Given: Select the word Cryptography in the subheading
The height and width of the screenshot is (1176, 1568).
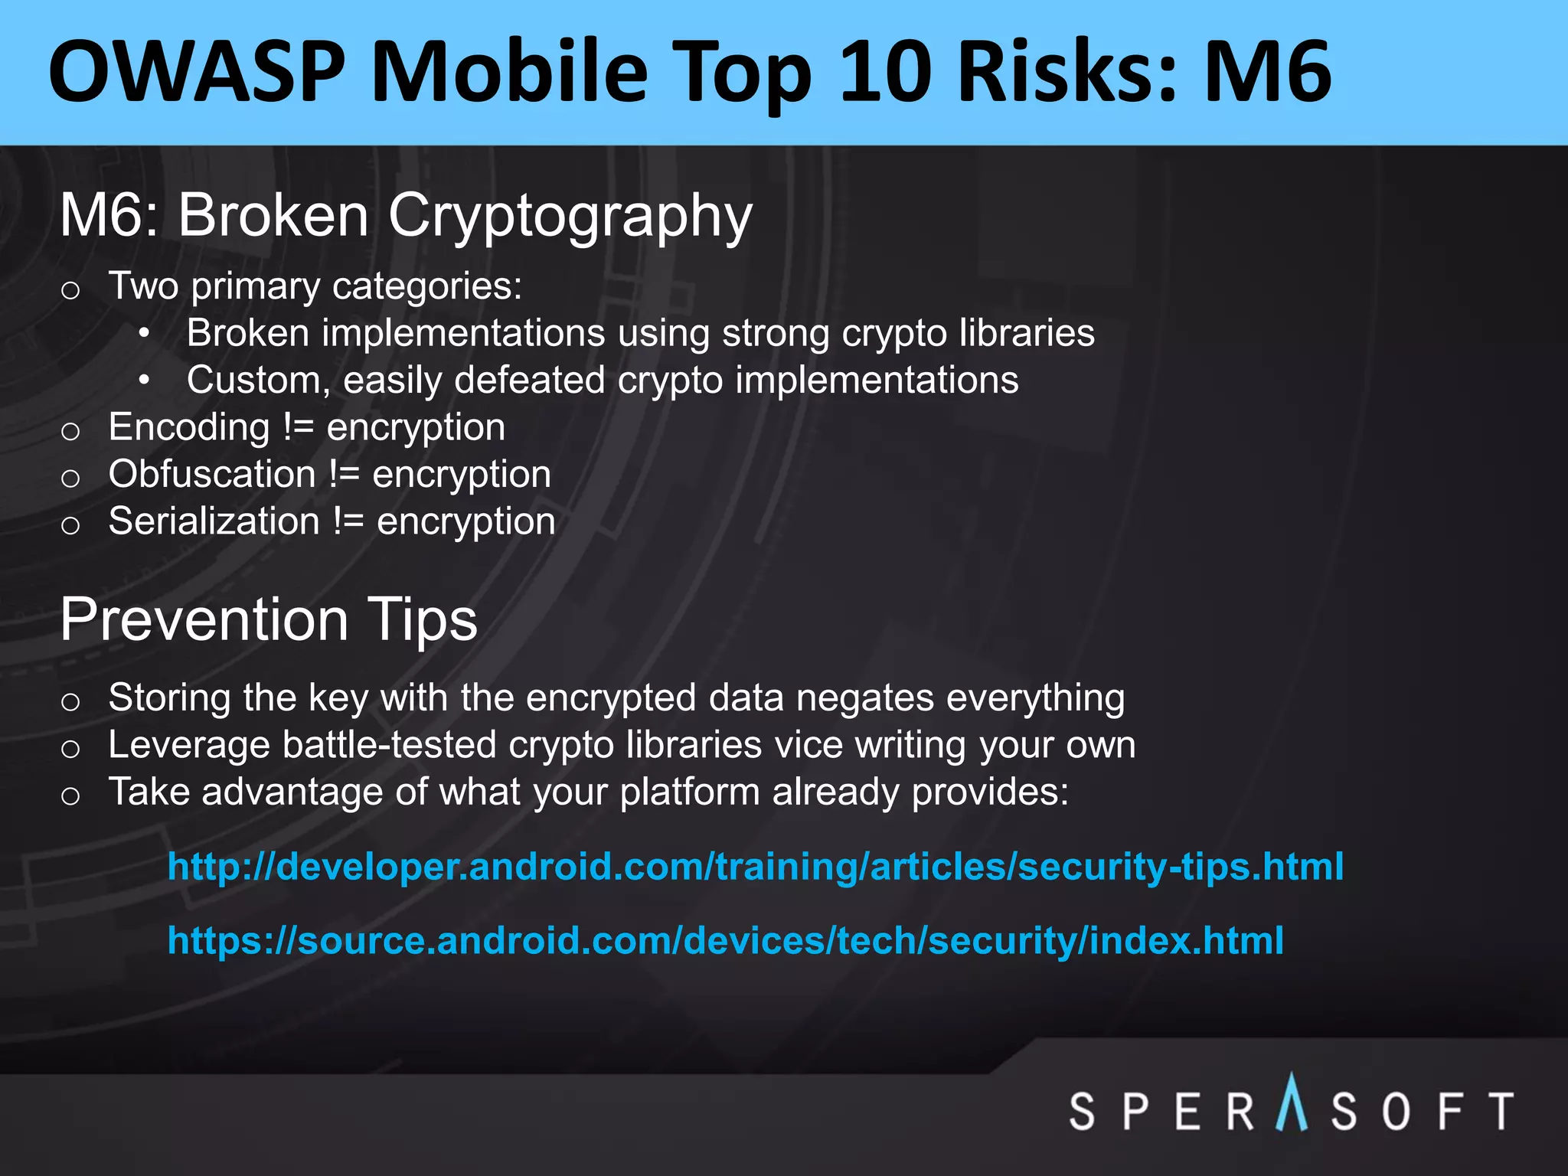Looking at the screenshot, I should (x=570, y=217).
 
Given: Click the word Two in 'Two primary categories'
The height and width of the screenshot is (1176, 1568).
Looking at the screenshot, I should (x=143, y=286).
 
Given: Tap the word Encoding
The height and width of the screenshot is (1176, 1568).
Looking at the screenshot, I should (x=188, y=427).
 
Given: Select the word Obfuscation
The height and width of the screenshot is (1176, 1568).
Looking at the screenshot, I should (x=212, y=474).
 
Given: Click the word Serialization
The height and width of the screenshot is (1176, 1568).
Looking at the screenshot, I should (x=214, y=521).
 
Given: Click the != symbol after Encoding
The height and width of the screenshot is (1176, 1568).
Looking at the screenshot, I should (x=299, y=427).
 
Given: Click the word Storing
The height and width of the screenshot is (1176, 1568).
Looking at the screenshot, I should (x=169, y=697).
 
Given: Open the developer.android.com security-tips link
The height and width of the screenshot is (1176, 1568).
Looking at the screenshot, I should (x=755, y=867).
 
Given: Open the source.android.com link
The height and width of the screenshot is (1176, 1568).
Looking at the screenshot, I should (x=725, y=940).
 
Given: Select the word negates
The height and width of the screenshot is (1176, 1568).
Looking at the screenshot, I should (x=864, y=697).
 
